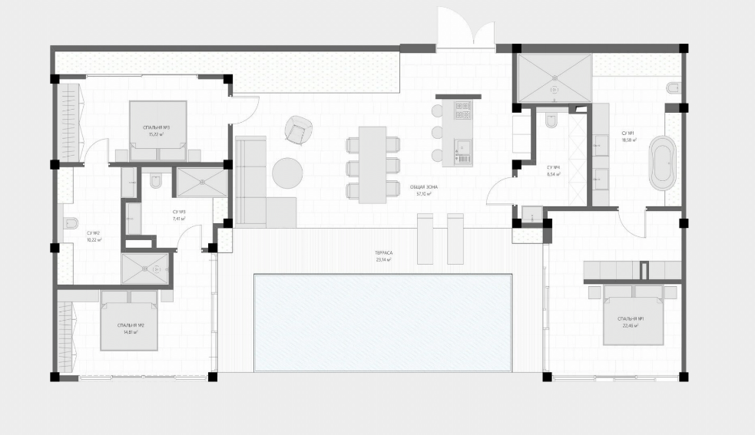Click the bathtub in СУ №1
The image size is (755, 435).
[661, 163]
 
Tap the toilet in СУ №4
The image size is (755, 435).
[550, 122]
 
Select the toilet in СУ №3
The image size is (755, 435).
[156, 181]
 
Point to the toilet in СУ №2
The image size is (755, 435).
[71, 224]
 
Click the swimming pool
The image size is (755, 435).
[382, 322]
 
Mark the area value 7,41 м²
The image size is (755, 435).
[178, 219]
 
